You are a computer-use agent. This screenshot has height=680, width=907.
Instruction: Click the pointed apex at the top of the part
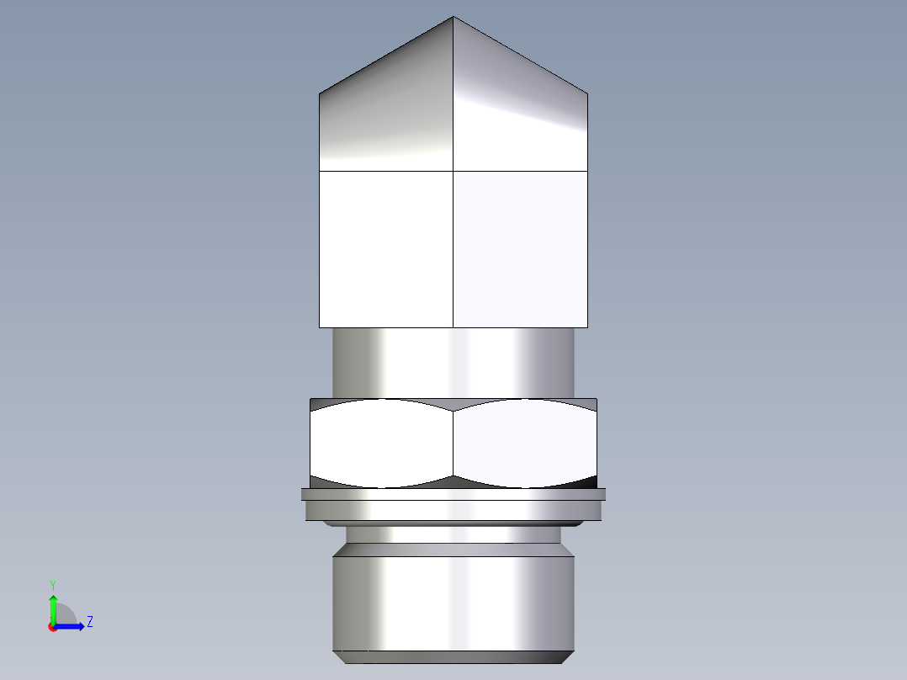[453, 18]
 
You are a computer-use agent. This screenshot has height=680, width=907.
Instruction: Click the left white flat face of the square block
[386, 249]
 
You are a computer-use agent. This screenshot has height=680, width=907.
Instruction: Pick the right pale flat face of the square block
[520, 249]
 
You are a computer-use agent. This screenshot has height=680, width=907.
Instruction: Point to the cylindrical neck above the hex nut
[453, 362]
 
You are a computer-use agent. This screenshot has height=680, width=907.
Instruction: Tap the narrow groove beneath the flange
[453, 534]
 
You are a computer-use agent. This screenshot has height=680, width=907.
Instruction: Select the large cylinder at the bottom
[453, 602]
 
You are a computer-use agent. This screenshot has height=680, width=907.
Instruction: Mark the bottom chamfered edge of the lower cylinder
[453, 656]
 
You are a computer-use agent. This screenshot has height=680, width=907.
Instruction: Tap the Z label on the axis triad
[89, 622]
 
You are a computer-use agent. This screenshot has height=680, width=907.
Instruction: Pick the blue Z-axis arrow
[72, 625]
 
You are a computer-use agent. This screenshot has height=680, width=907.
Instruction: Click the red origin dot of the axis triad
[52, 627]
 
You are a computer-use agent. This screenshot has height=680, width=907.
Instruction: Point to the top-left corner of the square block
[320, 172]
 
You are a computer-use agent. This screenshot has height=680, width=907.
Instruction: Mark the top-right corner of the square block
[587, 172]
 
